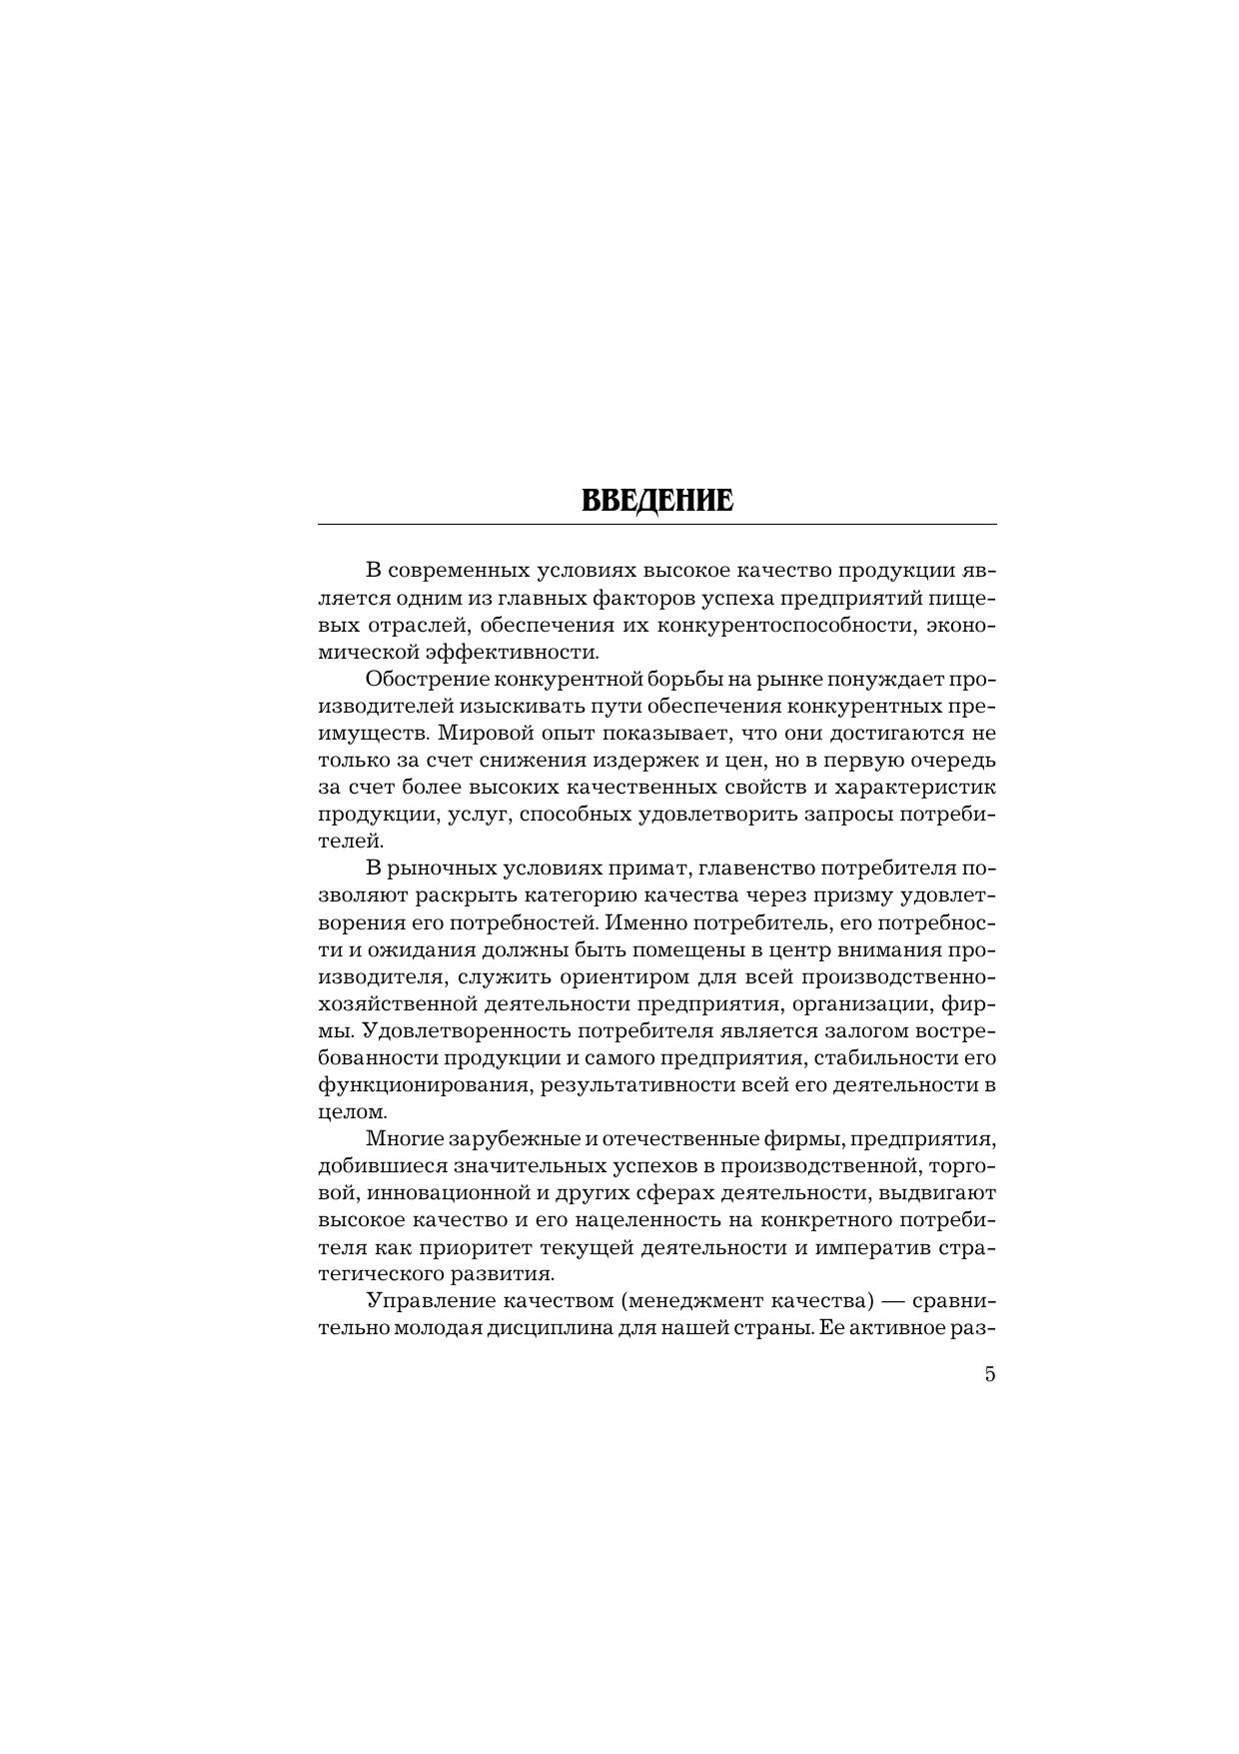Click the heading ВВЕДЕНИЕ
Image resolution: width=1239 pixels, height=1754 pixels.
coord(656,500)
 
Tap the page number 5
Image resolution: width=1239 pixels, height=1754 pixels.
coord(989,1373)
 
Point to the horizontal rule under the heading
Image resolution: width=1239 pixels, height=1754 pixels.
coord(656,524)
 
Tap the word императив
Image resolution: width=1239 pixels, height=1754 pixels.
coord(875,1247)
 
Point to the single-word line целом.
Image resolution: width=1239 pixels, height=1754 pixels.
coord(350,1111)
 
